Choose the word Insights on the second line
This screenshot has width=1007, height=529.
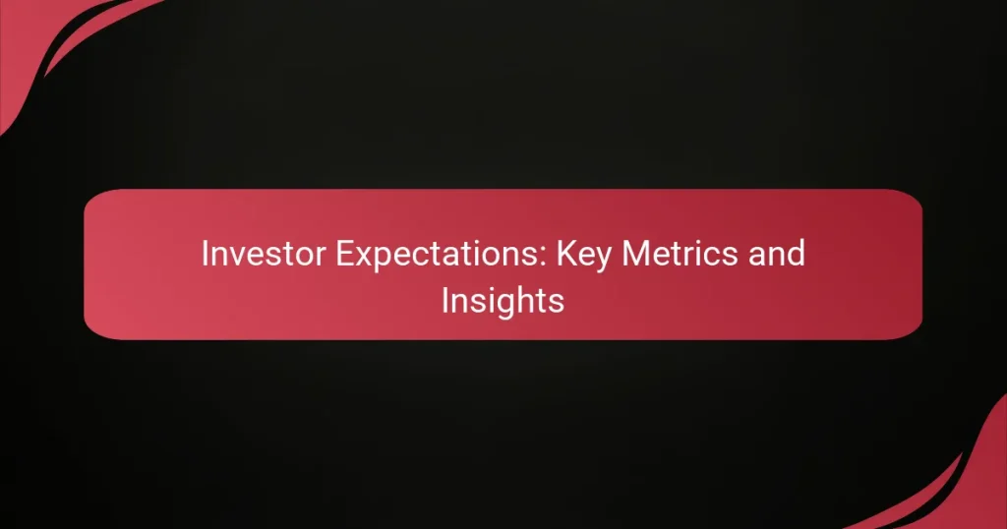[x=503, y=301]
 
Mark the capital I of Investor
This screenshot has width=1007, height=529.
[x=205, y=255]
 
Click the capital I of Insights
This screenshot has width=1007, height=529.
[x=444, y=300]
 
